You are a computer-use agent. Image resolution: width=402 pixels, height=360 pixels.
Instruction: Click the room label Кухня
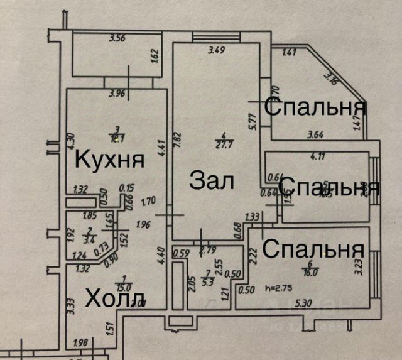pos(110,159)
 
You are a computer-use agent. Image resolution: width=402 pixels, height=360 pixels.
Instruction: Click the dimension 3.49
pos(217,50)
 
